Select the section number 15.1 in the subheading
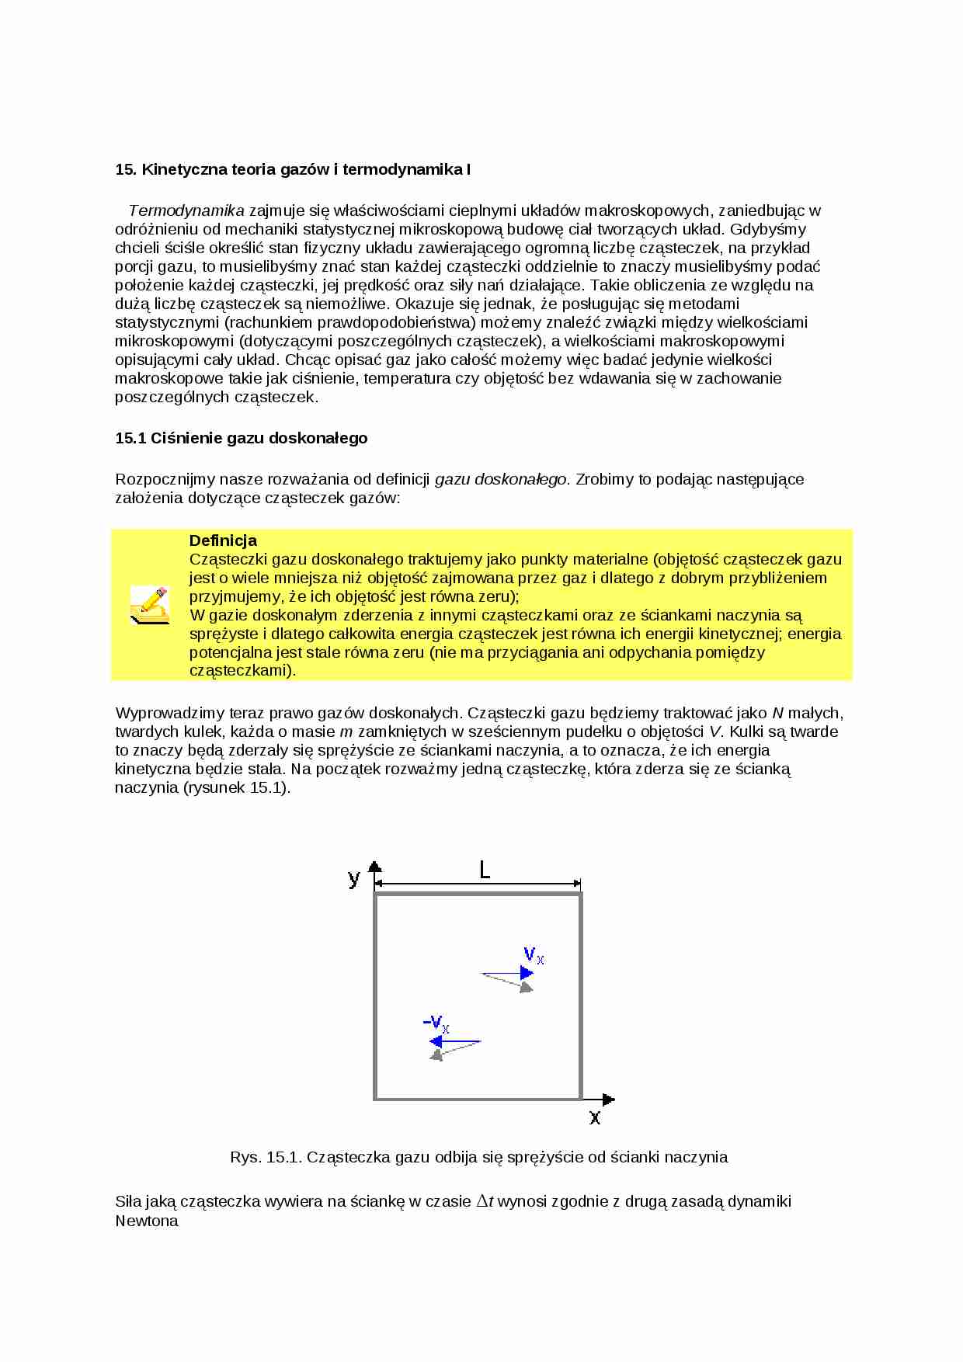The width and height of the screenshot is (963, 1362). click(130, 438)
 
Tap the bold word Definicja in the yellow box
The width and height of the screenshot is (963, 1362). click(223, 540)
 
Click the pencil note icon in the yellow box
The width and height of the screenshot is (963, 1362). click(149, 605)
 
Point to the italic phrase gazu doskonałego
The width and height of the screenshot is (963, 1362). click(500, 479)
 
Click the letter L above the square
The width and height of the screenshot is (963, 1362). click(485, 870)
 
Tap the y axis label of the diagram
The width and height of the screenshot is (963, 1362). click(354, 878)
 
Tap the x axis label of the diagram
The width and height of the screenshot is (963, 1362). click(594, 1117)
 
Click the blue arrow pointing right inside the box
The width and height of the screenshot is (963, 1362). click(509, 973)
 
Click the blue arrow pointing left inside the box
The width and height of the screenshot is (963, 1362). click(454, 1041)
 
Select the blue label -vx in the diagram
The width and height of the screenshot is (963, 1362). click(436, 1023)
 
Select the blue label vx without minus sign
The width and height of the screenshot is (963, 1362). click(534, 954)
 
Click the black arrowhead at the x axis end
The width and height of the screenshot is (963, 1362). click(609, 1100)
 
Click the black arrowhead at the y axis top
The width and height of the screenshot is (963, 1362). click(375, 867)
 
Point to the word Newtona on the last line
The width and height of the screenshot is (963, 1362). click(147, 1221)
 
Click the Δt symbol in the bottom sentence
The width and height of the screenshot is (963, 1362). click(485, 1201)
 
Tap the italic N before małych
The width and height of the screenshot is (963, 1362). click(777, 713)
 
